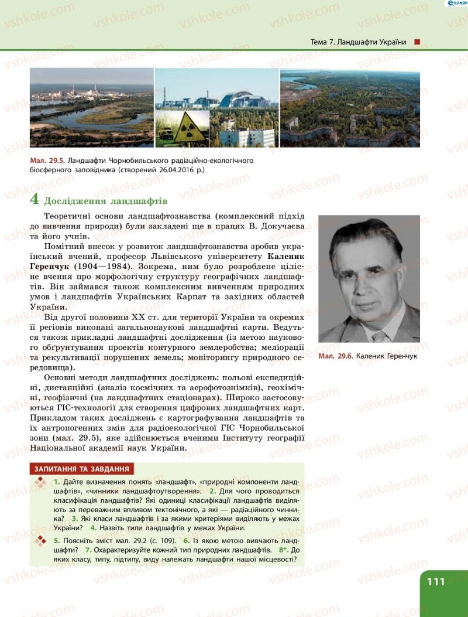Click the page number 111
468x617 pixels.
click(436, 581)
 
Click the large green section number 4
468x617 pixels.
click(35, 199)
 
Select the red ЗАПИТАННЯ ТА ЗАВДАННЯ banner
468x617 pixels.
click(82, 469)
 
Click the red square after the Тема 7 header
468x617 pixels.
click(417, 42)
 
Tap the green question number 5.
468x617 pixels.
click(56, 540)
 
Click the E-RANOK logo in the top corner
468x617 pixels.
click(453, 4)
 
